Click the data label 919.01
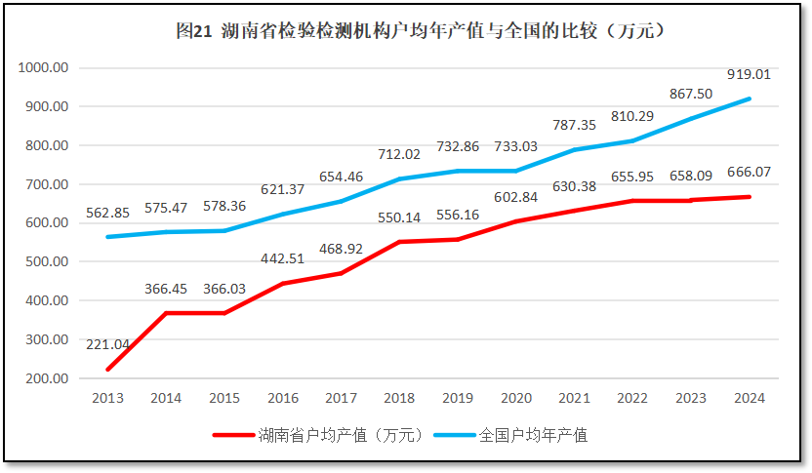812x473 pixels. [749, 74]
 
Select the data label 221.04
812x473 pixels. [107, 344]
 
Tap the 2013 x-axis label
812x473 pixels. [107, 398]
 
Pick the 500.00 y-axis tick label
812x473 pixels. [45, 262]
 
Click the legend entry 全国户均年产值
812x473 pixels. [534, 435]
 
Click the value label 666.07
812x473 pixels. [749, 172]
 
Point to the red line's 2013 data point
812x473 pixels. [107, 370]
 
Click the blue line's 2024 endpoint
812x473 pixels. [750, 99]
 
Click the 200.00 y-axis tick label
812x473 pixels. [45, 378]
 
